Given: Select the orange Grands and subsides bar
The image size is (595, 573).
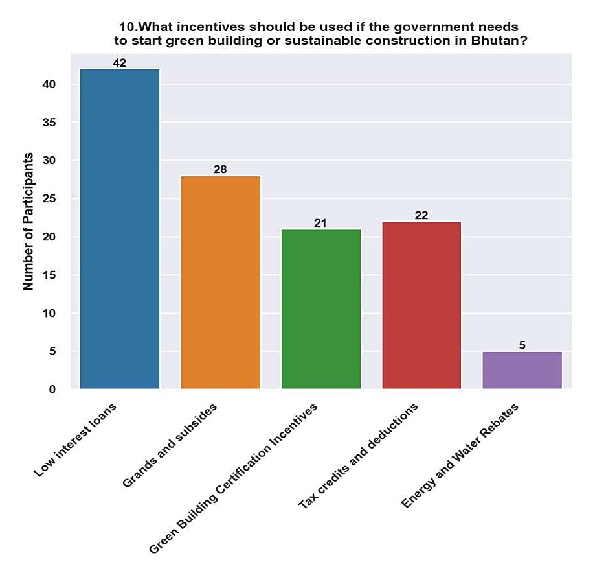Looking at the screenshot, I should [220, 282].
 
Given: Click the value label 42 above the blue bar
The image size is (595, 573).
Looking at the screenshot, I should [119, 63].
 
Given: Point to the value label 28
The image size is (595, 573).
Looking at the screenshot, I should [220, 170].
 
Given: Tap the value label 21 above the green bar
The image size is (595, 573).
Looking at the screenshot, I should [320, 223].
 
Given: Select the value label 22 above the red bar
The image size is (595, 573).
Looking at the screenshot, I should [421, 215].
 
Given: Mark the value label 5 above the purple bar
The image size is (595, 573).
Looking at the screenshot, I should [522, 345].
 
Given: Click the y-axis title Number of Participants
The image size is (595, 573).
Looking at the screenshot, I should [28, 221].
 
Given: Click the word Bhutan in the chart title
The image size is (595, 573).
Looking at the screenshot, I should [499, 41].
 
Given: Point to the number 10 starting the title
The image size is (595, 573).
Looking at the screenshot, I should [126, 27].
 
